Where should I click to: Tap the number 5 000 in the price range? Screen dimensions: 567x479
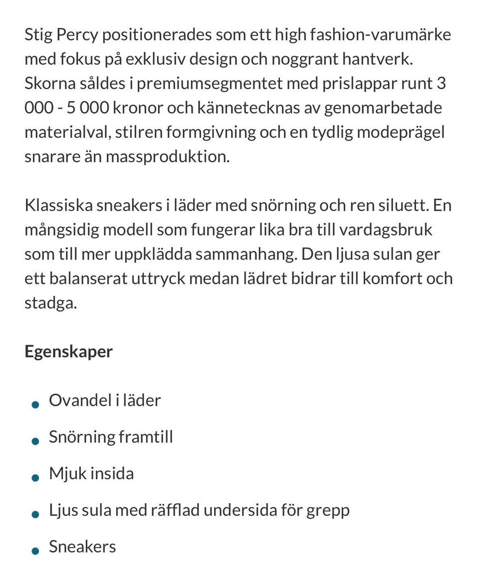pos(83,108)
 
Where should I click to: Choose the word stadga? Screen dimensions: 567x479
pos(50,303)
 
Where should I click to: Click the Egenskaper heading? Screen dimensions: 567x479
pos(68,351)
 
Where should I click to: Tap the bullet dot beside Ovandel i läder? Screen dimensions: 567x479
pos(35,404)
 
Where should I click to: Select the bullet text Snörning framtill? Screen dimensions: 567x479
pos(111,437)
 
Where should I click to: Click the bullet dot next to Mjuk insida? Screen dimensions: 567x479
pos(35,478)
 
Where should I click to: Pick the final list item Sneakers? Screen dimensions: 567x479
pos(82,547)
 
